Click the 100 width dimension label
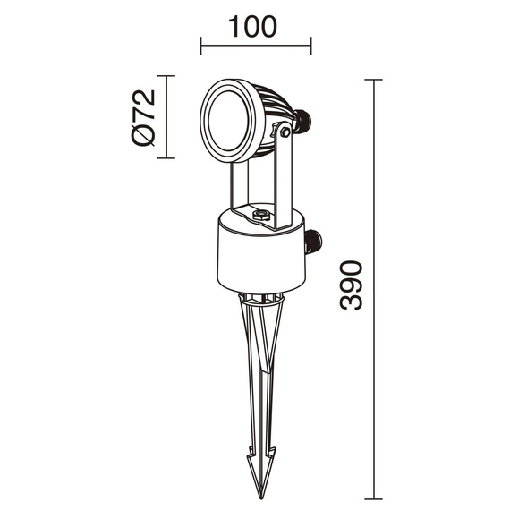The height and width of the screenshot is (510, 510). click(252, 27)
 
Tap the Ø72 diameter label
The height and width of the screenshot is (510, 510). click(143, 117)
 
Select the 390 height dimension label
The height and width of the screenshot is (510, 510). click(351, 285)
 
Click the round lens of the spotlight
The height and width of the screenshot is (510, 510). click(229, 121)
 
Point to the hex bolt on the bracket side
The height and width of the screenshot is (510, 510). click(285, 132)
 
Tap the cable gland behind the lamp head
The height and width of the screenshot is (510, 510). click(302, 121)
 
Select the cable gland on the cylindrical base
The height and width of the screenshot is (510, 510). click(313, 242)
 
